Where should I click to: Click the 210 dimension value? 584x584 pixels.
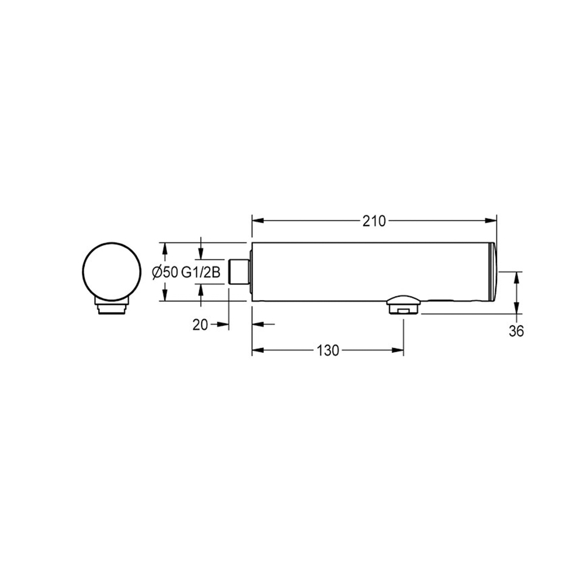click(x=374, y=221)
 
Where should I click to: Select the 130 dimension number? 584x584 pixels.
click(x=328, y=350)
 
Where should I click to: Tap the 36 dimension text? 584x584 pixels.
click(x=516, y=331)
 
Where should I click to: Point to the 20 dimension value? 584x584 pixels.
click(x=200, y=325)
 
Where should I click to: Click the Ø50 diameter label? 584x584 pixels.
click(x=165, y=273)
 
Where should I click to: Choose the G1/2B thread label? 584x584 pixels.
click(x=201, y=273)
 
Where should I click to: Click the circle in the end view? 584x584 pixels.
click(x=112, y=272)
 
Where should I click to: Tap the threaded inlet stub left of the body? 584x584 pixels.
click(x=239, y=272)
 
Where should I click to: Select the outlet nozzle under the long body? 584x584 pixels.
click(x=404, y=305)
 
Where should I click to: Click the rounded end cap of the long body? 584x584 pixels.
click(x=492, y=272)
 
